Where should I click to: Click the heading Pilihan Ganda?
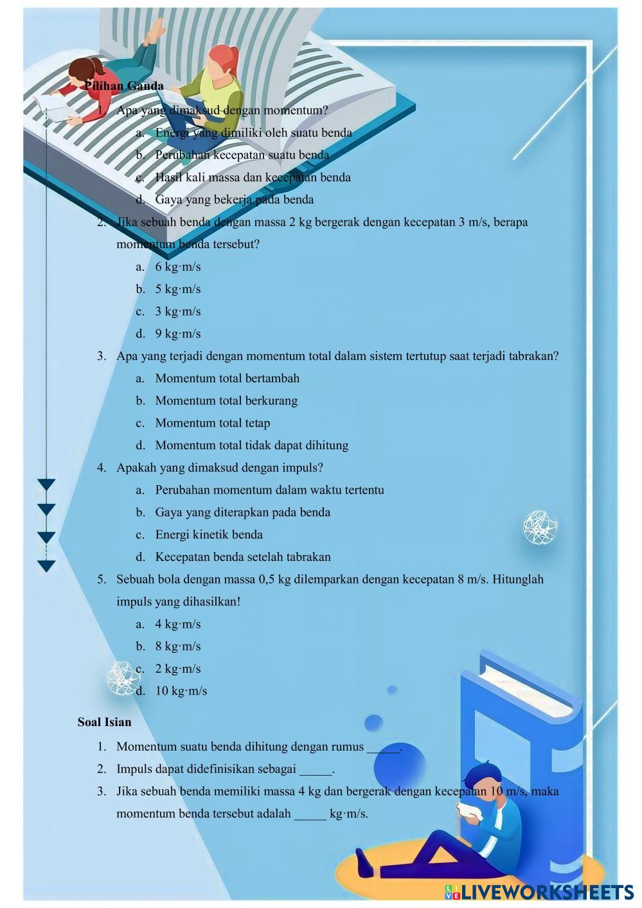click(124, 85)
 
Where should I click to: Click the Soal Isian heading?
click(104, 722)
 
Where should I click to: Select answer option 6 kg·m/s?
click(177, 267)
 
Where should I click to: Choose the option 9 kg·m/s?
click(177, 334)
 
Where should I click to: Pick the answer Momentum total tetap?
click(212, 423)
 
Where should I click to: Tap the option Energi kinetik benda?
click(208, 535)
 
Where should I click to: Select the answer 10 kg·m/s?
click(181, 691)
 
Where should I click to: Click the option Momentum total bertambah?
click(227, 378)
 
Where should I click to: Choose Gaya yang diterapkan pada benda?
click(242, 512)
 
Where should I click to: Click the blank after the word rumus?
click(383, 747)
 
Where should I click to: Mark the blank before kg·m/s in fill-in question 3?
click(310, 814)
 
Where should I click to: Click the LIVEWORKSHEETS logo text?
click(539, 891)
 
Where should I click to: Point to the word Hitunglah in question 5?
click(518, 579)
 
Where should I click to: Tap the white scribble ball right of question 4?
click(539, 528)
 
